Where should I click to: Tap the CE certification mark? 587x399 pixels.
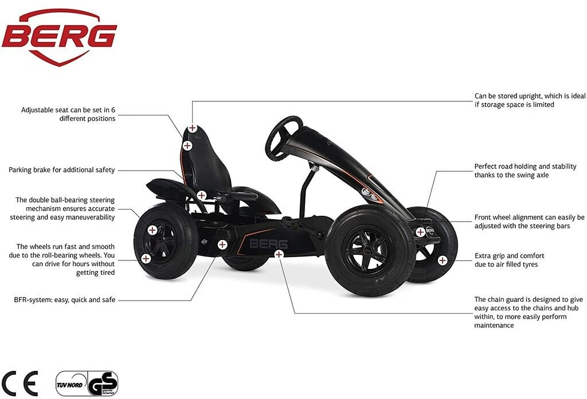pyautogui.click(x=19, y=382)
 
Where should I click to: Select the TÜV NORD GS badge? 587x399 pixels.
pyautogui.click(x=87, y=383)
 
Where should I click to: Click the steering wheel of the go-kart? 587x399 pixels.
pyautogui.click(x=283, y=137)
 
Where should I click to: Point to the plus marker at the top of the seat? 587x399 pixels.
pyautogui.click(x=193, y=129)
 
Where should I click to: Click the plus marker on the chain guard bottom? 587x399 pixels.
pyautogui.click(x=279, y=254)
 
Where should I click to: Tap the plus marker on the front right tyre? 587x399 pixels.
pyautogui.click(x=443, y=260)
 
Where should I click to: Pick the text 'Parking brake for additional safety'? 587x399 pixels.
pyautogui.click(x=62, y=170)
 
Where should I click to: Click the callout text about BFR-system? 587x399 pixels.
pyautogui.click(x=65, y=299)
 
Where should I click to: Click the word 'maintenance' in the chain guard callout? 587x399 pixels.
pyautogui.click(x=494, y=325)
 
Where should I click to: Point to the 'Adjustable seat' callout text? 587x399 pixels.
pyautogui.click(x=68, y=114)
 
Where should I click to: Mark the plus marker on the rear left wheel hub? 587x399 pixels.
pyautogui.click(x=152, y=230)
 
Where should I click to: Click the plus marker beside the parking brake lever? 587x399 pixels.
pyautogui.click(x=201, y=195)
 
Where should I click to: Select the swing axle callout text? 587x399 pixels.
pyautogui.click(x=525, y=171)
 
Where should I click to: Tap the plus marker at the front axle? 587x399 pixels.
pyautogui.click(x=420, y=232)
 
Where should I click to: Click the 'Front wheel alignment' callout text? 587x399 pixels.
pyautogui.click(x=529, y=222)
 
